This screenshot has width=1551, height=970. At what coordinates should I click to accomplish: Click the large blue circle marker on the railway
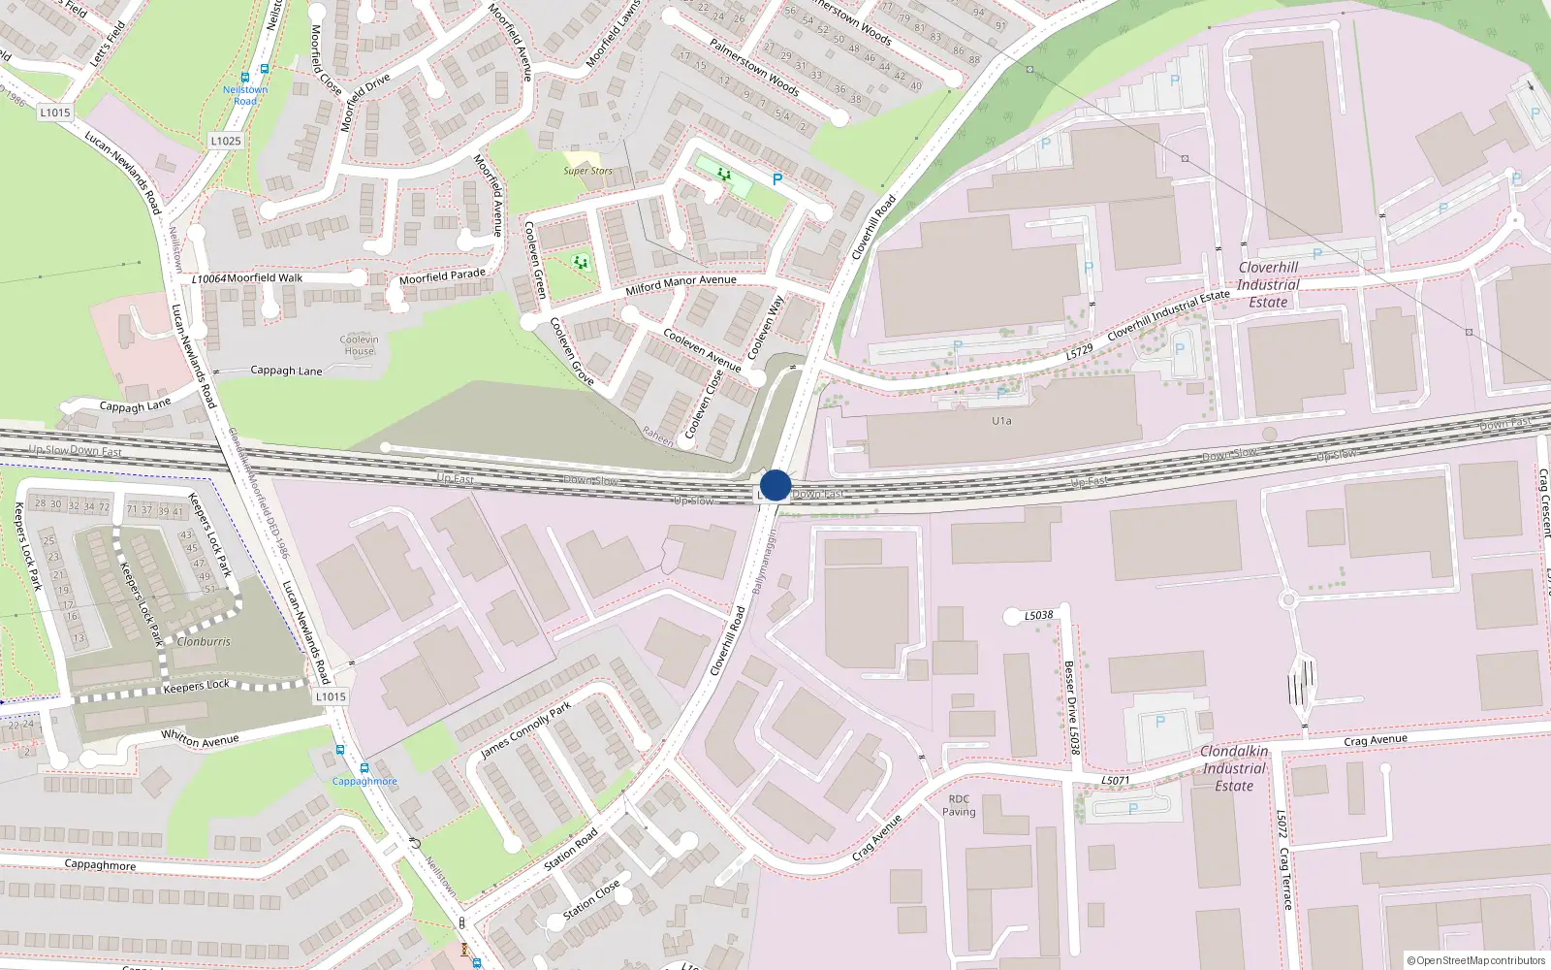coord(775,485)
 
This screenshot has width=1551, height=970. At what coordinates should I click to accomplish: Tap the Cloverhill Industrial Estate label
coord(1268,284)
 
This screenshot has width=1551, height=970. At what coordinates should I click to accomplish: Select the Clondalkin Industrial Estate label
coord(1234,768)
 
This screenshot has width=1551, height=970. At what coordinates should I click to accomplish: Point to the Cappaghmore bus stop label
coord(364,781)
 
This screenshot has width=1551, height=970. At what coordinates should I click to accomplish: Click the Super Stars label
coord(587,171)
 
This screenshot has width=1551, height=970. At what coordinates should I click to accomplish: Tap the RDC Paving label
coord(959,806)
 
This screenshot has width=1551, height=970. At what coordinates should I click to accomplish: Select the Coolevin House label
coord(359,345)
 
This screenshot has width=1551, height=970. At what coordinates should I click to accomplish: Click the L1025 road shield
coord(226,141)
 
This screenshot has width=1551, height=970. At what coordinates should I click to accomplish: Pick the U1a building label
coord(1001,421)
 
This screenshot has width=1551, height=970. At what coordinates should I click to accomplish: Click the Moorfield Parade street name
coord(442,277)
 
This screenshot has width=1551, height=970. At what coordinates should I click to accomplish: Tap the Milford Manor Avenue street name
coord(681,284)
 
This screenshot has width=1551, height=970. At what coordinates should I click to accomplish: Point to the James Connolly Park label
coord(526,729)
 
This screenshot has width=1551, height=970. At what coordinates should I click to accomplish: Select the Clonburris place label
coord(204,641)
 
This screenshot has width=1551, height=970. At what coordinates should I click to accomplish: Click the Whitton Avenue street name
coord(200,739)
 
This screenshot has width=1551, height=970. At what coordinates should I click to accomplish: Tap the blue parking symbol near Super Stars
coord(776,179)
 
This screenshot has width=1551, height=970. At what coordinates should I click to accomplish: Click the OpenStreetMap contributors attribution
coord(1477,960)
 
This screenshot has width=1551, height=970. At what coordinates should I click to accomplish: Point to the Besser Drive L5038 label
coord(1071,707)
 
